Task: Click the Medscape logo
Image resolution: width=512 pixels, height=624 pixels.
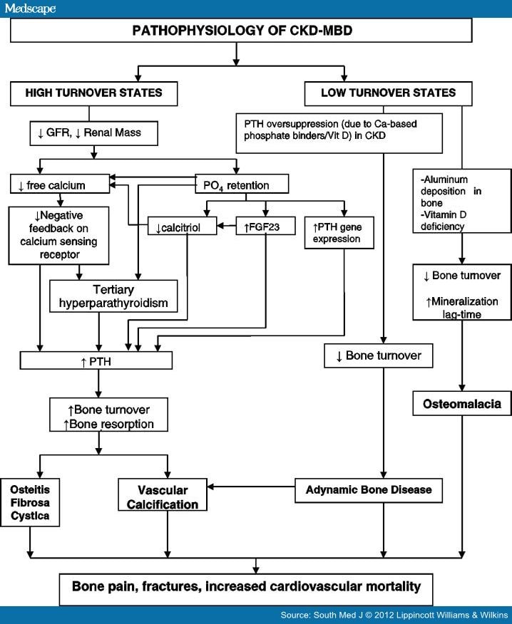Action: coord(30,9)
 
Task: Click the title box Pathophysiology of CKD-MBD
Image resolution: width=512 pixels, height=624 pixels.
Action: coord(241,30)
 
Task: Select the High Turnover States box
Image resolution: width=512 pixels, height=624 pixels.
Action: coord(93,93)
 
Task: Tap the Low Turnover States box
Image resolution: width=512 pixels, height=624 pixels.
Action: coord(388,93)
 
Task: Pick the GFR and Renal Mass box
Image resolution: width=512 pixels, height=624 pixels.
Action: coord(93,133)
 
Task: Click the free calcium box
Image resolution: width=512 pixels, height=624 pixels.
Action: coord(59,184)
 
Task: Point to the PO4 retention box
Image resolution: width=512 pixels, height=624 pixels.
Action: coord(242,184)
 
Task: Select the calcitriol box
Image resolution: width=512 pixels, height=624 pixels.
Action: coord(182,226)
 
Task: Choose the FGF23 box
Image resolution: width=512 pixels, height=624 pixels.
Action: coord(265,226)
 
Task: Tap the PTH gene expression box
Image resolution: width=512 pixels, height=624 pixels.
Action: coord(339,233)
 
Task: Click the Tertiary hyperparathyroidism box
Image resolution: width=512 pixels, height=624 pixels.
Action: coord(113,296)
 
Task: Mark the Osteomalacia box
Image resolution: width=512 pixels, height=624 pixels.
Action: coord(462,403)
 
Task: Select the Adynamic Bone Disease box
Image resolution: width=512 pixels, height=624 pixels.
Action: coord(369,490)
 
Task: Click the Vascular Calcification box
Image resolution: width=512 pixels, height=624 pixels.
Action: coord(163,494)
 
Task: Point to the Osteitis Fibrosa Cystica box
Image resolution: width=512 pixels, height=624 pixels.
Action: coord(30,503)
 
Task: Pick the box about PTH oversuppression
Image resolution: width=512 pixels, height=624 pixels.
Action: coord(339,133)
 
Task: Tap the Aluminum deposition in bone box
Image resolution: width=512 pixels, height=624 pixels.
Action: coord(462,201)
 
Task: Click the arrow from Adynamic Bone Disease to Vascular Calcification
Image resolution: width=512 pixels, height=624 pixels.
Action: coord(251,487)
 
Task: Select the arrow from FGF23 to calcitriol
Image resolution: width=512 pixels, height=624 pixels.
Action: coord(226,226)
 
